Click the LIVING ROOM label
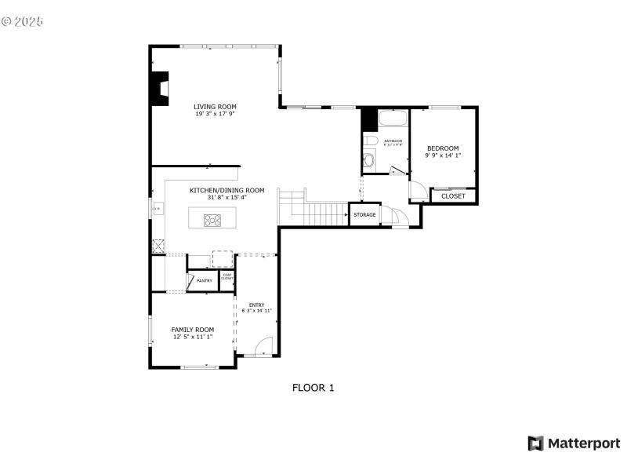tap(216, 107)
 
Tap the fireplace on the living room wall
tap(161, 88)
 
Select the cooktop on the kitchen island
tap(212, 220)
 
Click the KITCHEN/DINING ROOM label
tap(227, 190)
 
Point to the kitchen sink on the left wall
tap(158, 208)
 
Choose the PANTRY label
tap(204, 280)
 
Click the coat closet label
tap(227, 277)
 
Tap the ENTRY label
tap(256, 305)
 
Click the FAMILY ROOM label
tap(193, 330)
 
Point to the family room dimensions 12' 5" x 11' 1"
tap(193, 338)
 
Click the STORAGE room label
tap(364, 214)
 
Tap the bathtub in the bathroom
tap(392, 120)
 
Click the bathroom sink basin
tap(371, 141)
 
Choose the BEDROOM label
tap(443, 148)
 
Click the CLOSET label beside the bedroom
tap(453, 196)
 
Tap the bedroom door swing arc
tap(418, 190)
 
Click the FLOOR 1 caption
tap(313, 387)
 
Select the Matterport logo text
tap(583, 444)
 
